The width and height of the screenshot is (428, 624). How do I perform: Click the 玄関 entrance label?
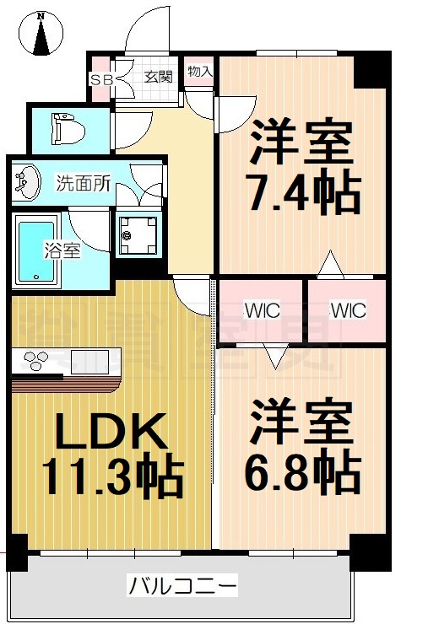point(158,77)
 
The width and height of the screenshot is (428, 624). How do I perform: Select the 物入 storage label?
point(200,72)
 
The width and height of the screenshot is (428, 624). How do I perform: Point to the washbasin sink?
point(27,181)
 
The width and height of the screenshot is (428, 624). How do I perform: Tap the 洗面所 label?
point(84,183)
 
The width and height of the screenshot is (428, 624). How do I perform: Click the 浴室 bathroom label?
point(62,251)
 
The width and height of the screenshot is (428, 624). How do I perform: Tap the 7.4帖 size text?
point(301,194)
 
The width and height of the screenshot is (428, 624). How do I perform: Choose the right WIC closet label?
point(347,310)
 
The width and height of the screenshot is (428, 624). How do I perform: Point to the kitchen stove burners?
point(37,361)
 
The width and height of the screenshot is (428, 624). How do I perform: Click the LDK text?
point(108,434)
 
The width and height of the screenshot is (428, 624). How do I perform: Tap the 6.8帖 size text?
point(301,474)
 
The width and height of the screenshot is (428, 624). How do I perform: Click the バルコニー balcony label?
point(182,584)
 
